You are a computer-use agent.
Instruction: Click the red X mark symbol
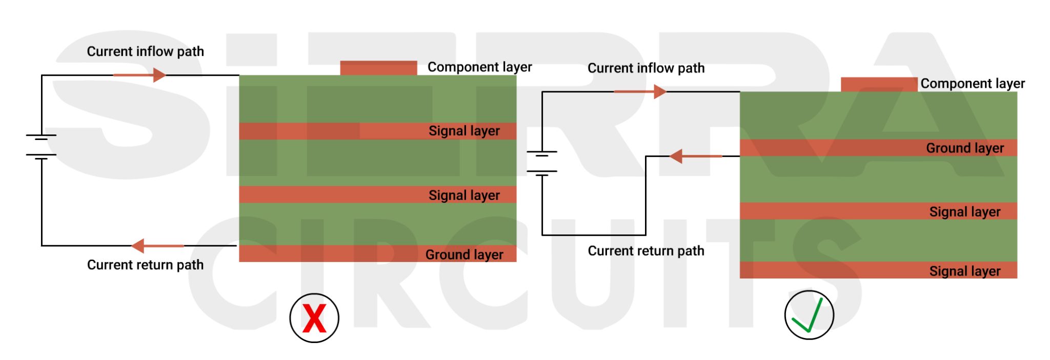pos(314,318)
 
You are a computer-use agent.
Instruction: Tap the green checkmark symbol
pos(809,315)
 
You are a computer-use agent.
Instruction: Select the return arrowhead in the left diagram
pos(138,246)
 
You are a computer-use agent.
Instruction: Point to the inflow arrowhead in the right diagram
pos(660,92)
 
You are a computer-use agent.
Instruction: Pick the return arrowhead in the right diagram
pos(676,156)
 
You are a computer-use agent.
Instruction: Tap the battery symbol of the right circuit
pos(542,163)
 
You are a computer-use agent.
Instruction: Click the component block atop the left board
pos(378,68)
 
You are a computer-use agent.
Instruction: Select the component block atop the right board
pos(879,85)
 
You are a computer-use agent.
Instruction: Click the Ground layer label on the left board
pos(464,254)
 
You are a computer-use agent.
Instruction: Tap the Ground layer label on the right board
pos(964,148)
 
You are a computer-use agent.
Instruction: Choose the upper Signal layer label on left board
pos(464,131)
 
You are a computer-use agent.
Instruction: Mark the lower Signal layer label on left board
pos(464,195)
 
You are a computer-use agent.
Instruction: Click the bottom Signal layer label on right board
pos(964,271)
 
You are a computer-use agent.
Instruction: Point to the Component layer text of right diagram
pos(972,84)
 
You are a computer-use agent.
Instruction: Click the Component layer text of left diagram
pos(479,67)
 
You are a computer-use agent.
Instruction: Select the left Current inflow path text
pos(145,51)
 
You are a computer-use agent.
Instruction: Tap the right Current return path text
pos(645,251)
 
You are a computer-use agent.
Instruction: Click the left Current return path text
pos(145,265)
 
